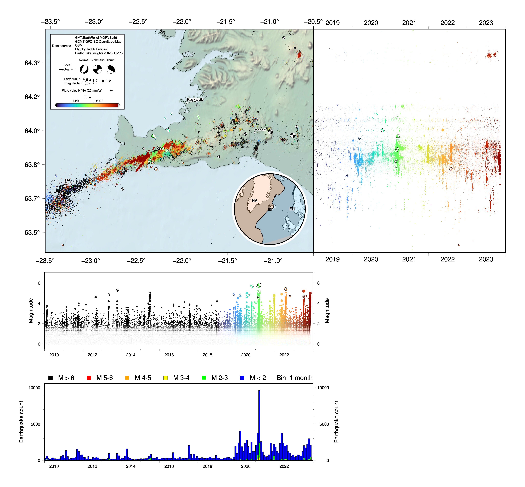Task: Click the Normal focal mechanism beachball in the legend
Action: click(84, 69)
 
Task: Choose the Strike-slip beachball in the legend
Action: click(98, 69)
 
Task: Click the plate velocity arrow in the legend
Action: click(111, 90)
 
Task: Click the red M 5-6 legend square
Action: click(89, 378)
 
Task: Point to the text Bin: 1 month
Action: click(294, 378)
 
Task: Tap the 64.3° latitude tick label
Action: click(32, 63)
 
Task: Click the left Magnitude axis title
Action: click(31, 310)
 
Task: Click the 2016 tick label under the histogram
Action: click(169, 466)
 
